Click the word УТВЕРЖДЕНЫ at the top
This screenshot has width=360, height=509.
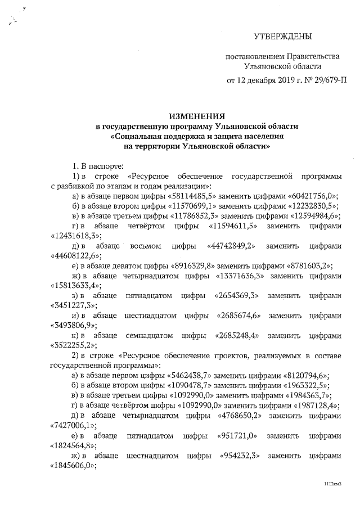tap(283, 38)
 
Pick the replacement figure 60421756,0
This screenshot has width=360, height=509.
tap(309, 196)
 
